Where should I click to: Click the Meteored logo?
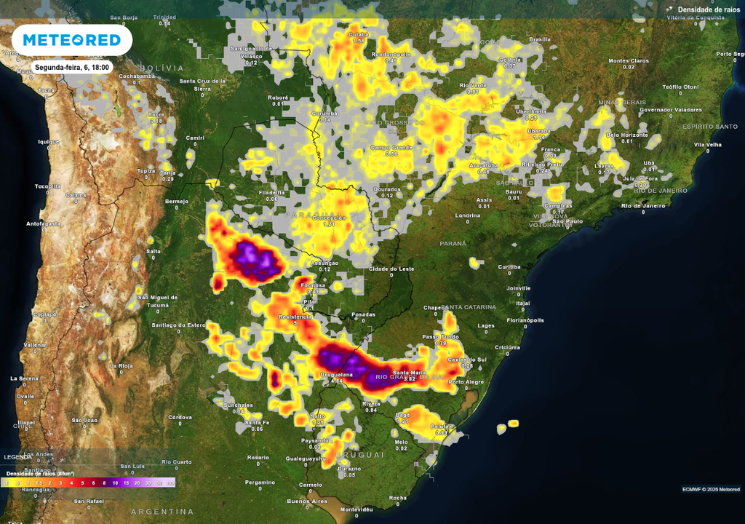click(x=71, y=40)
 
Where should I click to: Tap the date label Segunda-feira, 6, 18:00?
click(x=71, y=67)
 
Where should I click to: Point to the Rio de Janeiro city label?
click(x=644, y=205)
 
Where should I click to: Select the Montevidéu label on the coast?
click(x=356, y=509)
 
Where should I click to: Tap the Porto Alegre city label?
click(x=466, y=381)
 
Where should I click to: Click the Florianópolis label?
click(x=525, y=319)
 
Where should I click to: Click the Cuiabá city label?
click(x=358, y=34)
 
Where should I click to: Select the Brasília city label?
click(x=540, y=39)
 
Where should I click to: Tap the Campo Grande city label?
click(x=391, y=148)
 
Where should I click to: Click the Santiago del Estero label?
click(x=178, y=325)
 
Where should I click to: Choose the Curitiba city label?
click(x=509, y=267)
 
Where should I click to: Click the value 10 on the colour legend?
click(x=115, y=483)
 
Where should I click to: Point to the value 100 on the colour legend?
click(x=170, y=483)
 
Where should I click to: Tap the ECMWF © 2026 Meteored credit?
click(x=711, y=488)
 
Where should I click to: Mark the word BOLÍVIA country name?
click(x=163, y=67)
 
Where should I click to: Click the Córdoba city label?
click(x=180, y=417)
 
